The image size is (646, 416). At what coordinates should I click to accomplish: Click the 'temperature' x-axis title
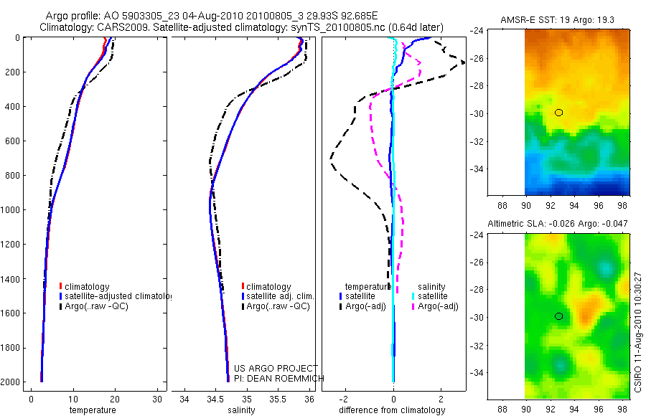click(92, 410)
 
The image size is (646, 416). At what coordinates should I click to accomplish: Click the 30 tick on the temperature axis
click(156, 399)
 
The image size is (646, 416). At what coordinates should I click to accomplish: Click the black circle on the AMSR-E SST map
click(558, 113)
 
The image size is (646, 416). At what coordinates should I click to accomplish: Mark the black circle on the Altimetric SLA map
click(558, 316)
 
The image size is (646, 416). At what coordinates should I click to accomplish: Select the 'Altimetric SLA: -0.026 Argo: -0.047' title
click(558, 224)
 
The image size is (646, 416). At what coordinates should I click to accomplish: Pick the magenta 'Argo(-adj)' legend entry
click(437, 306)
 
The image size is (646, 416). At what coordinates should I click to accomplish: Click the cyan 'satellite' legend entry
click(433, 296)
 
